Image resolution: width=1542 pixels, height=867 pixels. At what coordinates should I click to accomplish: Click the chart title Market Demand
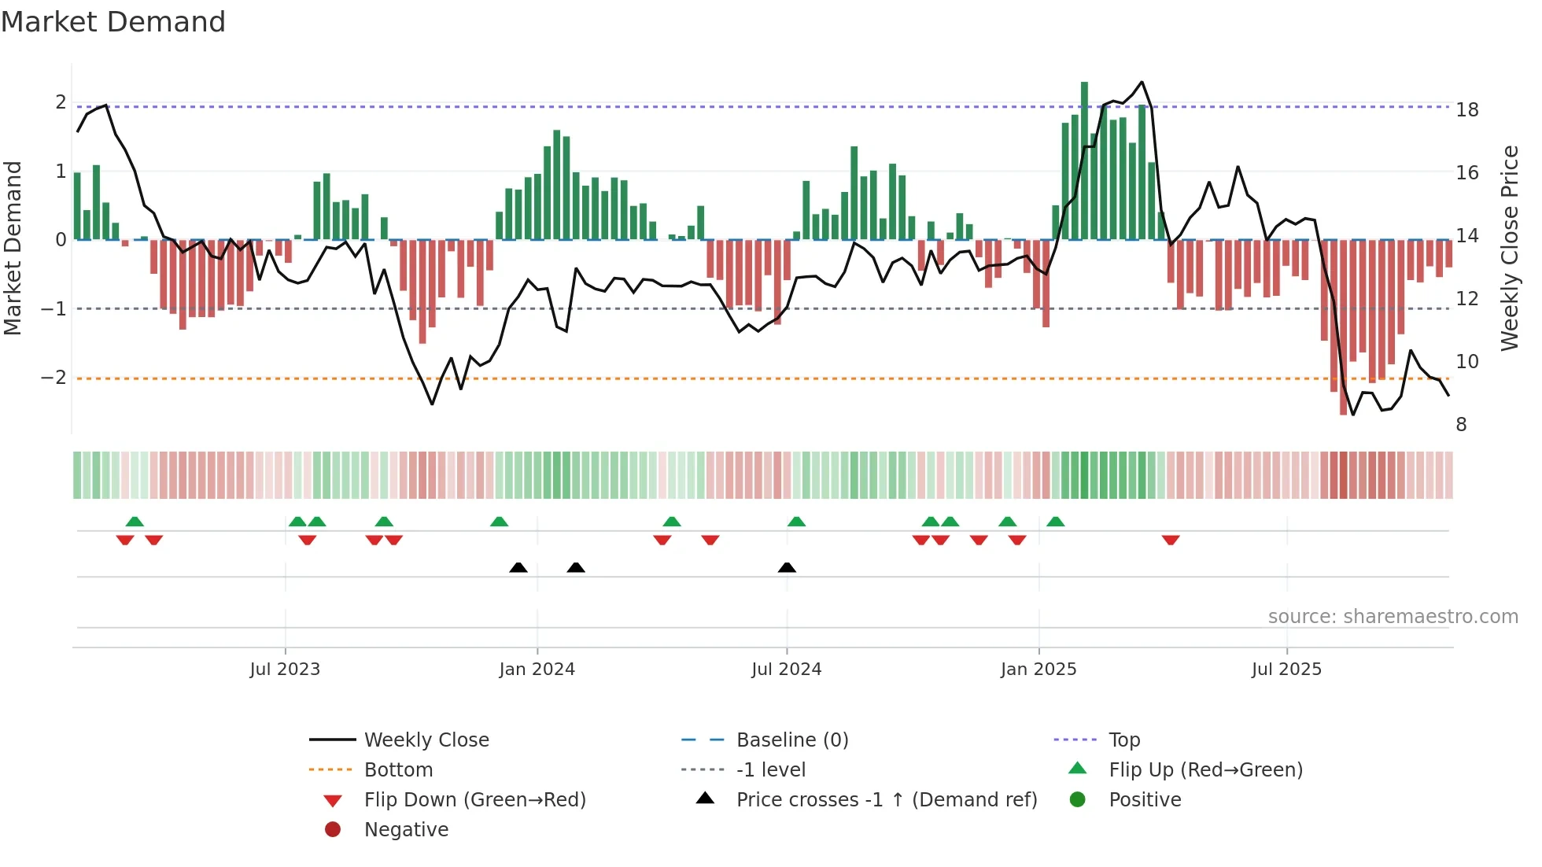(x=113, y=22)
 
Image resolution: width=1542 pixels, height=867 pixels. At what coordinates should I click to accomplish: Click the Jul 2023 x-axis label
(x=285, y=670)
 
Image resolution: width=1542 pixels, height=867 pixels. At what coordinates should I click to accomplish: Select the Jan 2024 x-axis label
(x=537, y=670)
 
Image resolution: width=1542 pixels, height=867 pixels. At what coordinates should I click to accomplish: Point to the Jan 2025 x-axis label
(x=1038, y=670)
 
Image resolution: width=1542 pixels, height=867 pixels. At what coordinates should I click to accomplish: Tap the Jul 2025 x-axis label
(x=1287, y=670)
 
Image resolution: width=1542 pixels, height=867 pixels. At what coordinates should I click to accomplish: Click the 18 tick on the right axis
(x=1467, y=110)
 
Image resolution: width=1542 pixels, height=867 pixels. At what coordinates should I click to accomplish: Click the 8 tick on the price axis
(x=1462, y=425)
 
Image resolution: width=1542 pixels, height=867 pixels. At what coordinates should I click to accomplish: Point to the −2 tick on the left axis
(x=54, y=378)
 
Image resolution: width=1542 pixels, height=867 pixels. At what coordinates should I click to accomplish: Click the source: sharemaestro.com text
(x=1393, y=617)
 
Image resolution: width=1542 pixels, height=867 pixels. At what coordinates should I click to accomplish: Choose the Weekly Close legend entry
(x=426, y=740)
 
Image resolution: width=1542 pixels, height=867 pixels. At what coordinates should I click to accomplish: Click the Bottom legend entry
(x=398, y=770)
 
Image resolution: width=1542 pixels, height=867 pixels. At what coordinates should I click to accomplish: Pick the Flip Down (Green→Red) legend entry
(x=474, y=800)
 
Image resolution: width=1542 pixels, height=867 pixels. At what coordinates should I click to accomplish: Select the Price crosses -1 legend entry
(x=887, y=800)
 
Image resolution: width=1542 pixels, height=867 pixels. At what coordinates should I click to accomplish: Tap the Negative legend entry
(x=406, y=830)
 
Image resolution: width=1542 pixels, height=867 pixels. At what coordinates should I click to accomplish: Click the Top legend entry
(x=1124, y=740)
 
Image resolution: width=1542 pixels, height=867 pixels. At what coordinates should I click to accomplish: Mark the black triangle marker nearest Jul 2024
(x=787, y=567)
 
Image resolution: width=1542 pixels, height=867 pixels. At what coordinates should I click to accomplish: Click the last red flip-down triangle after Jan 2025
(x=1171, y=540)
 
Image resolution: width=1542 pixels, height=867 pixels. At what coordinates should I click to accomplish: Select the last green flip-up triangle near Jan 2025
(x=1056, y=522)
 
